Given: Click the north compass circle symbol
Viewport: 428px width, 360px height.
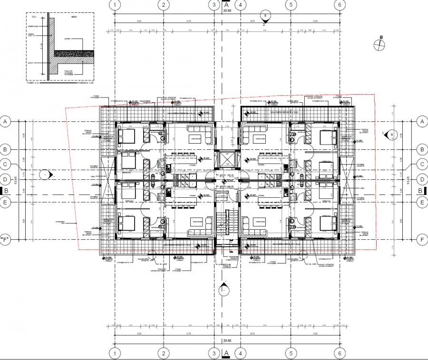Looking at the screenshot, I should point(379,45).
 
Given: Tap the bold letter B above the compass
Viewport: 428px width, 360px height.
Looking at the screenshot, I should point(380,36).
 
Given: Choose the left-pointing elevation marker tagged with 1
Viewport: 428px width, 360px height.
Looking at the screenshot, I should point(389,135).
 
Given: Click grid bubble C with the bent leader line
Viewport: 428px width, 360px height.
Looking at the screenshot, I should point(6,165).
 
